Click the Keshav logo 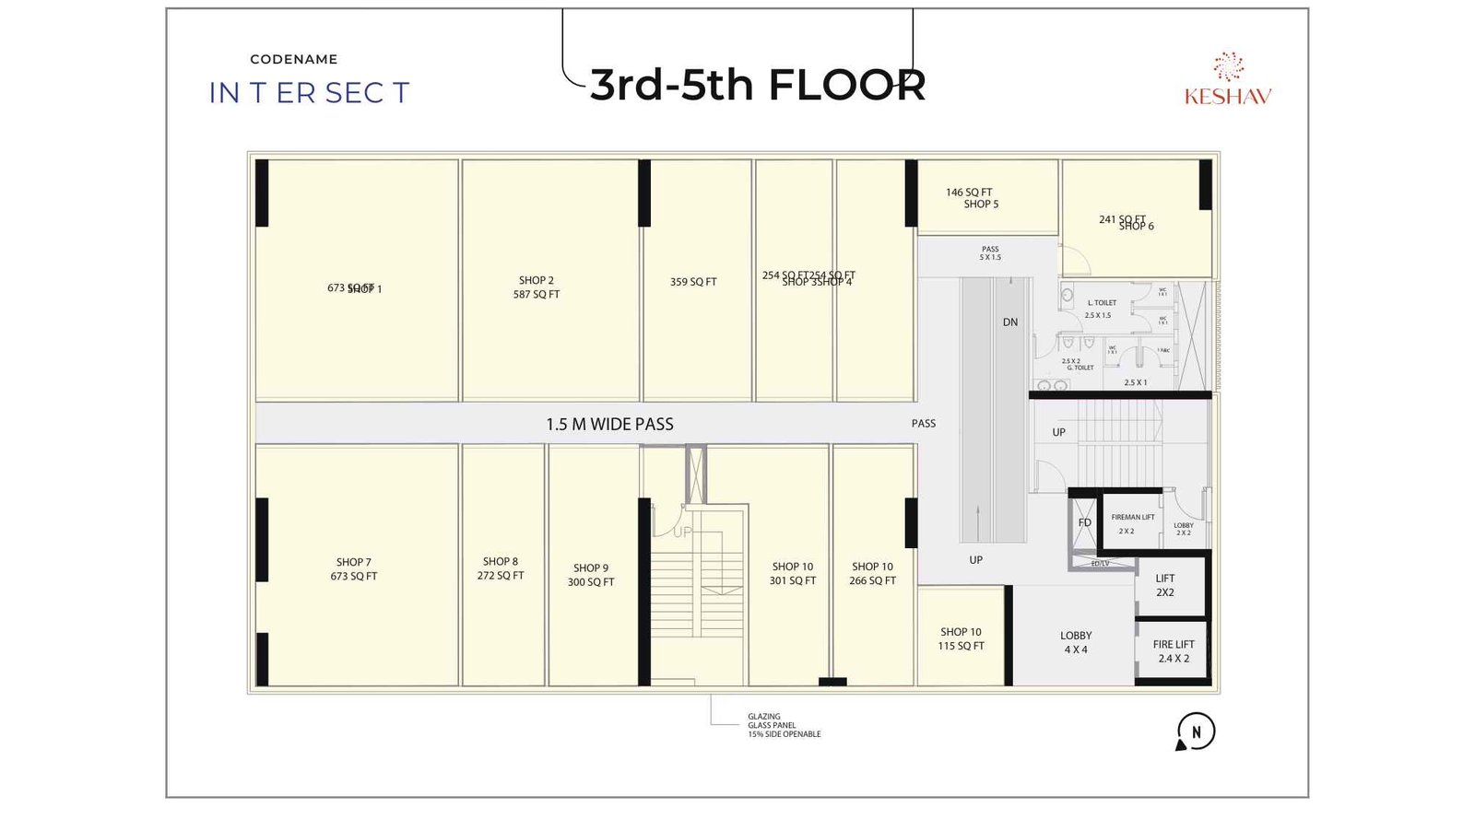click(x=1228, y=80)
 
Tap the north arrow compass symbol click(x=1196, y=732)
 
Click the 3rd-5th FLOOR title click(x=757, y=85)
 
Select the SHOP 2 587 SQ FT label click(x=537, y=287)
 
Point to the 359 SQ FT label click(x=693, y=282)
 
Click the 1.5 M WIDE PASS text click(x=609, y=425)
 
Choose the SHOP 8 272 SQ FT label click(x=501, y=568)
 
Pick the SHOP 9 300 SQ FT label click(x=591, y=575)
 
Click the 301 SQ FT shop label click(x=793, y=574)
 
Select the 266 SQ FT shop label click(x=872, y=574)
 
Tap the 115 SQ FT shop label click(x=961, y=639)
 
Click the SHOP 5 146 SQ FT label click(x=972, y=198)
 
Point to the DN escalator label click(x=1010, y=322)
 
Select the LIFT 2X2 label click(x=1165, y=586)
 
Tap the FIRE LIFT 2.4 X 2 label click(x=1174, y=651)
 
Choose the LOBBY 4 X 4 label click(x=1076, y=642)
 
